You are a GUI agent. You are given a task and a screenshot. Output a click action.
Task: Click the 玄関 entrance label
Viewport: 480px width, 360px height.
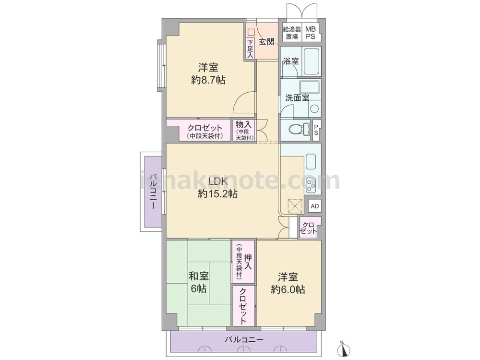[x=266, y=42]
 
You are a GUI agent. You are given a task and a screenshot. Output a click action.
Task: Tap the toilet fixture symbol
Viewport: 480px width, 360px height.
[x=299, y=129]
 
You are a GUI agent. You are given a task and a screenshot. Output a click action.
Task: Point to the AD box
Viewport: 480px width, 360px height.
[x=315, y=206]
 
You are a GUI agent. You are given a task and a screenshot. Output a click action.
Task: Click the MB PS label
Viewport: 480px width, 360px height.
[x=311, y=33]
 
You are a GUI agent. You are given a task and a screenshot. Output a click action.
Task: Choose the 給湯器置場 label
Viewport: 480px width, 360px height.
[x=292, y=33]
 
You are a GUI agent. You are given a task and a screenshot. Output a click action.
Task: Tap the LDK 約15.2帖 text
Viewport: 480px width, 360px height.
[x=217, y=187]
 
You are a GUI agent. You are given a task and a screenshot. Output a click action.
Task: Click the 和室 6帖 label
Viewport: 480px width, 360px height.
[x=199, y=282]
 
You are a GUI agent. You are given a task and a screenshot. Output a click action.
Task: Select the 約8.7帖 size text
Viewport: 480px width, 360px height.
[x=208, y=80]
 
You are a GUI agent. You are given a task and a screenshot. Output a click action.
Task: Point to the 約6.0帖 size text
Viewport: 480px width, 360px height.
[x=288, y=289]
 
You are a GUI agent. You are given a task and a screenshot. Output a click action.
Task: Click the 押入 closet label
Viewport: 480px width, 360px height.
[x=248, y=263]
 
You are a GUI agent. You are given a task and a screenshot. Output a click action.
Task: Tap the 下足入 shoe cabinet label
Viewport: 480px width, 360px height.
[x=251, y=49]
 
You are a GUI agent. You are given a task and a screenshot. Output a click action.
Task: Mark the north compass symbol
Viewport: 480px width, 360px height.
[x=344, y=348]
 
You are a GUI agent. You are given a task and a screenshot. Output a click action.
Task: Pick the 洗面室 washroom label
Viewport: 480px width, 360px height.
[x=297, y=98]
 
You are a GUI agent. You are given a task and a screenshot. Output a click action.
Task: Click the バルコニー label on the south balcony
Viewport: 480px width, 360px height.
[x=244, y=340]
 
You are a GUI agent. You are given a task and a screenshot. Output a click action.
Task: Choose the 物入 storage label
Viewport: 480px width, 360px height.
[x=244, y=125]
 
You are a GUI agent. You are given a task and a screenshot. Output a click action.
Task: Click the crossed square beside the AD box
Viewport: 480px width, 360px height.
[x=295, y=206]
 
